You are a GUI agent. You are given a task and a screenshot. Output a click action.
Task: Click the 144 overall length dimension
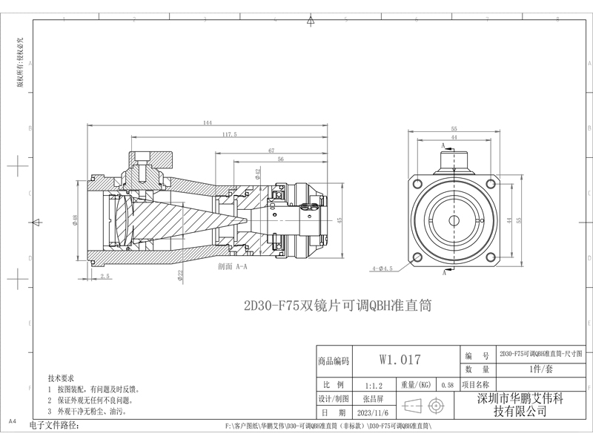[x=207, y=122]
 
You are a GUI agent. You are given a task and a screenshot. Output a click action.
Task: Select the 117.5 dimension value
[x=229, y=135]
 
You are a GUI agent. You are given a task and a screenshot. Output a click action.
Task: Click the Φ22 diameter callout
[x=180, y=274]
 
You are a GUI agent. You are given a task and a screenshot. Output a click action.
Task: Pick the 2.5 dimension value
[x=105, y=276]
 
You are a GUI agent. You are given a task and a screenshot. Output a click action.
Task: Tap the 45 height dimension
[x=339, y=220]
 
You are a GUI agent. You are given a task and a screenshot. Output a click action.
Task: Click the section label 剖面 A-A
[x=233, y=265]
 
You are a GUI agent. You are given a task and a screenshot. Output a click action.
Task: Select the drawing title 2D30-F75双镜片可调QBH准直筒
[x=337, y=305]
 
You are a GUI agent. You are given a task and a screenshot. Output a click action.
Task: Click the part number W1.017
[x=400, y=360]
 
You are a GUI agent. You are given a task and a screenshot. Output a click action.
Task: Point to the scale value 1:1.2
[x=374, y=386]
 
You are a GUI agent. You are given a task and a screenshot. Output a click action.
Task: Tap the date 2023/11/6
[x=374, y=412]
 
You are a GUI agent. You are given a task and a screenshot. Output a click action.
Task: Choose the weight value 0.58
[x=447, y=386]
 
